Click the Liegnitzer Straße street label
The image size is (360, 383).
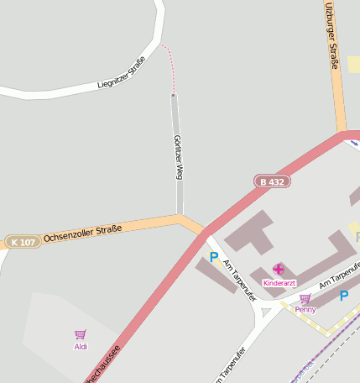click(x=123, y=72)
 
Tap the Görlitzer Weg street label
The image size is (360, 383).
click(x=178, y=157)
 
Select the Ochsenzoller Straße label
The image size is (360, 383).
click(x=83, y=233)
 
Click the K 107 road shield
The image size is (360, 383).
click(x=23, y=242)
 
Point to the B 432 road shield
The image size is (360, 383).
click(x=273, y=181)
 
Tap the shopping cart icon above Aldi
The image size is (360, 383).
click(x=81, y=334)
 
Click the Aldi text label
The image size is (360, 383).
click(x=81, y=346)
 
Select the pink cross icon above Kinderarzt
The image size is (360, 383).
click(x=279, y=270)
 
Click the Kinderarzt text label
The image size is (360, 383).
click(x=279, y=283)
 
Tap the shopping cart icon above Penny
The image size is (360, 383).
click(x=305, y=298)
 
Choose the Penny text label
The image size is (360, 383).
click(x=305, y=309)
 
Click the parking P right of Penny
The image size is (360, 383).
click(x=343, y=296)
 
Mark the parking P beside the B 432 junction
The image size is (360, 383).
click(x=214, y=257)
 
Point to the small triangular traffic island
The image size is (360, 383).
click(x=267, y=312)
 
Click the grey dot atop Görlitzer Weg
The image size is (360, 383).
click(x=174, y=96)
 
